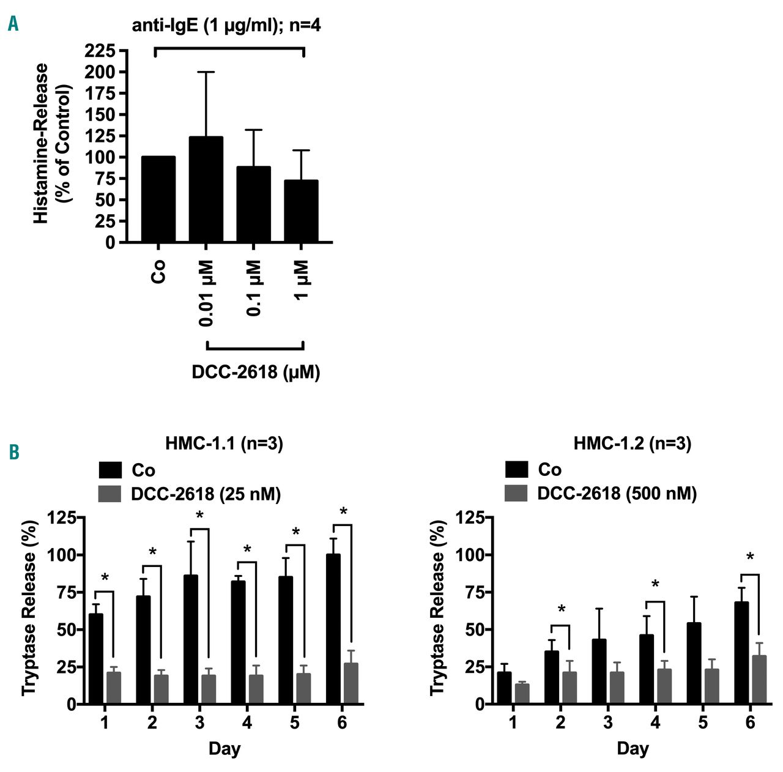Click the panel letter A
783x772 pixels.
coord(13,24)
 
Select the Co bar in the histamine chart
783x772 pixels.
coord(158,199)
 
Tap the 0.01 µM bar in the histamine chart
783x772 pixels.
coord(206,190)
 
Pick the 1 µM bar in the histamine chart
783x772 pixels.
coord(302,211)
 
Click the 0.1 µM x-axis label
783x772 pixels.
coord(254,288)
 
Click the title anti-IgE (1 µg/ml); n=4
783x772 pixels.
coord(227,26)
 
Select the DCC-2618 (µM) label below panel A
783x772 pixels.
coord(256,372)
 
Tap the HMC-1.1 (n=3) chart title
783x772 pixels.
coord(224,444)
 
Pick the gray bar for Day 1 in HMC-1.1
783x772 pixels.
coord(114,688)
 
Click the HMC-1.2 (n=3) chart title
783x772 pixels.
coord(632,444)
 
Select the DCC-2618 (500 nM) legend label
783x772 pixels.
coord(617,494)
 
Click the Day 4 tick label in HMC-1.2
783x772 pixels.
coord(655,723)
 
